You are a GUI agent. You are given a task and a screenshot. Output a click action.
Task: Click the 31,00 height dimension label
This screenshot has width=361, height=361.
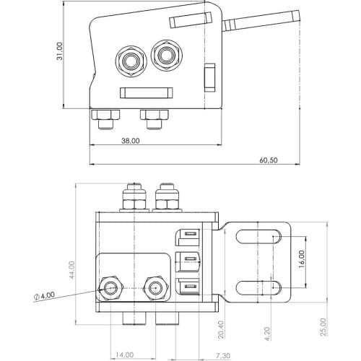[59, 51]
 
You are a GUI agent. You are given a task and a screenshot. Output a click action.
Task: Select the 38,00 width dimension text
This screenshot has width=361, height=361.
[131, 141]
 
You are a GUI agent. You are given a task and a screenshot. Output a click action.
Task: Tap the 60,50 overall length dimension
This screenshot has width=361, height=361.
[269, 160]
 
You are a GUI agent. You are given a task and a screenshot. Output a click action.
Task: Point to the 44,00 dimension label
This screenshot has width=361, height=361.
[72, 269]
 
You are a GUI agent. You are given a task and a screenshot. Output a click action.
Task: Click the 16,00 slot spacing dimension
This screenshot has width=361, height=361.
[302, 259]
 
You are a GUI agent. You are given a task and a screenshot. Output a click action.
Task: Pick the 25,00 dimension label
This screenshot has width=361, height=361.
[323, 327]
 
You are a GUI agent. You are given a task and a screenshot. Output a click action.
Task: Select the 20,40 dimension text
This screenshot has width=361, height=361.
[221, 329]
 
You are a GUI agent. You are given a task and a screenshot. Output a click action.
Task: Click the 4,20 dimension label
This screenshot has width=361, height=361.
[268, 334]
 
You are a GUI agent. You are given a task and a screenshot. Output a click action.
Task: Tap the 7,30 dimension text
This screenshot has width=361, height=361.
[222, 355]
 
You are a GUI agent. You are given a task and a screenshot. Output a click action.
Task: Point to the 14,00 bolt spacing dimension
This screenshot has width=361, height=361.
[125, 355]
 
